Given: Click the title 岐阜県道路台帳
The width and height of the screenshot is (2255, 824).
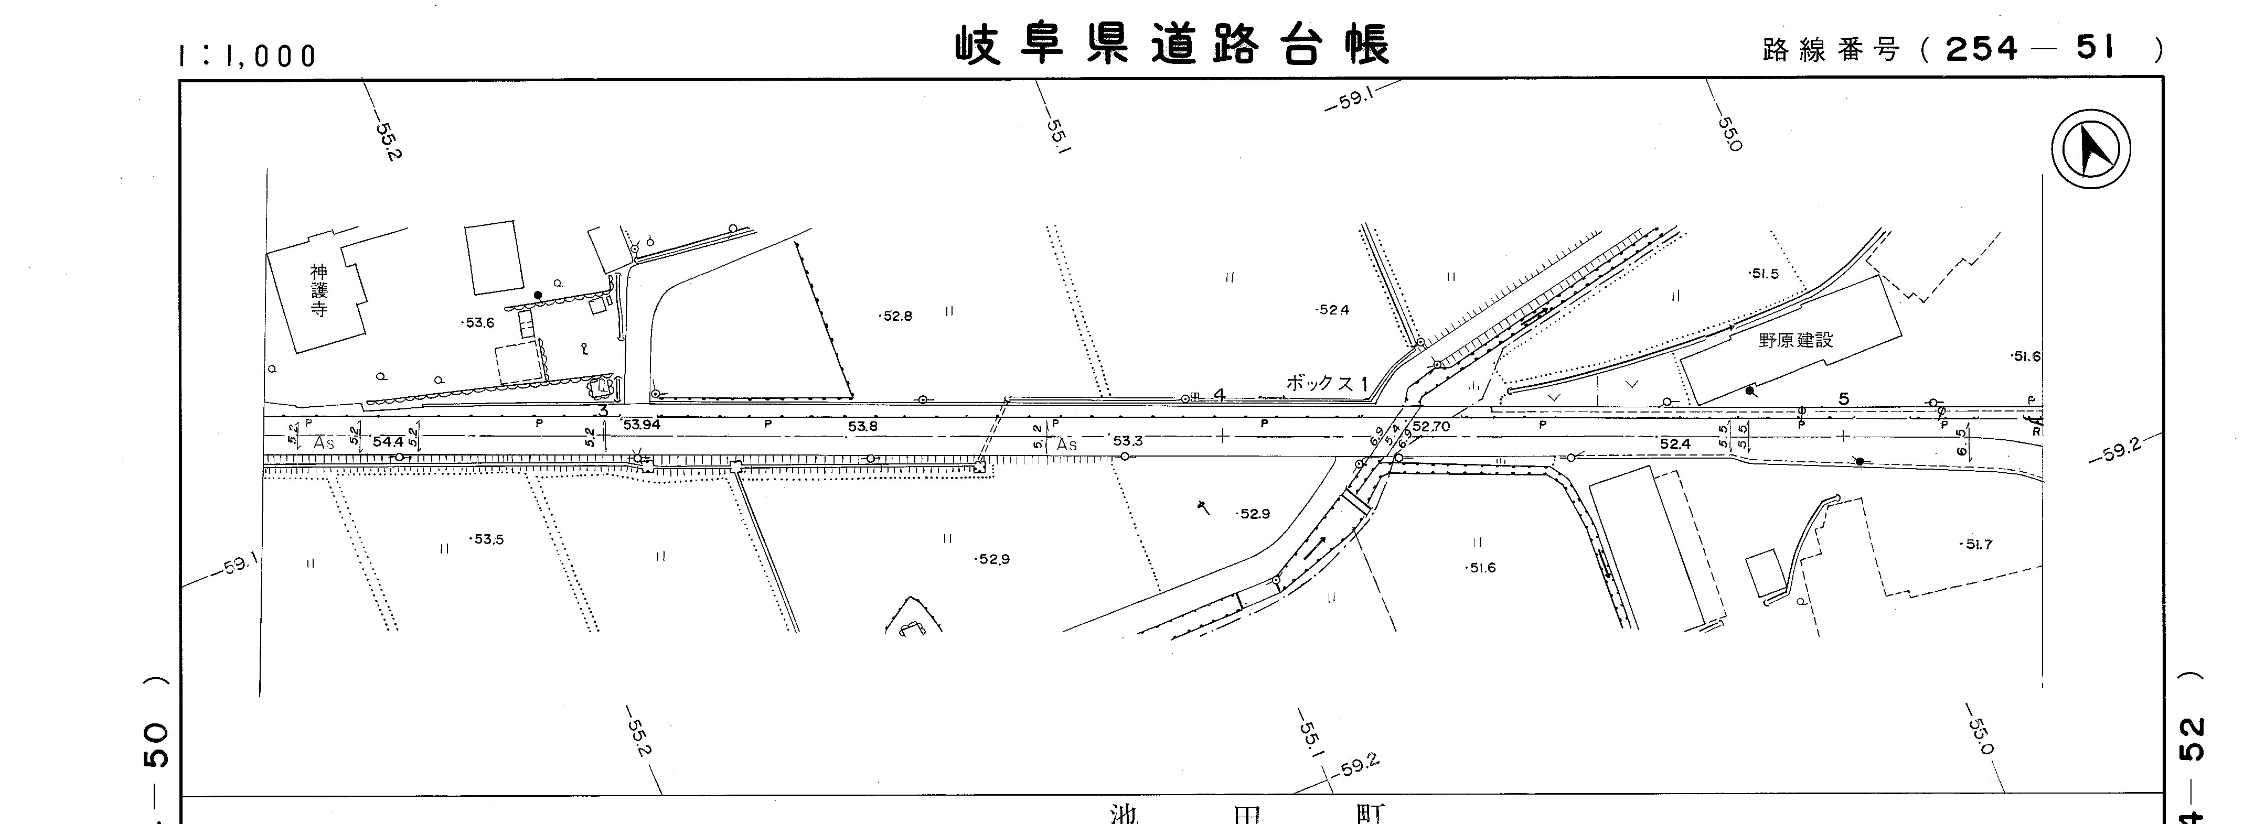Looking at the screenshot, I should pos(1171,46).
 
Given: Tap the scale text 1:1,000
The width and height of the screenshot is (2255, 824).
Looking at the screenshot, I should pos(247,57).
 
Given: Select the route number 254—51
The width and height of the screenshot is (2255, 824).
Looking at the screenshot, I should pos(2028,49).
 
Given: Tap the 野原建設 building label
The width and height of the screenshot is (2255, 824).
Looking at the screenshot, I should pos(1796,340).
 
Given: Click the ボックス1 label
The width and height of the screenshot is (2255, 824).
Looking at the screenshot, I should pos(1326,383).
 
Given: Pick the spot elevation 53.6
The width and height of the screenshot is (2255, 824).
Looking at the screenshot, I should pos(480,323).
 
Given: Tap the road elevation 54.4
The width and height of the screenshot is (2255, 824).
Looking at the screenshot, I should pos(388,442).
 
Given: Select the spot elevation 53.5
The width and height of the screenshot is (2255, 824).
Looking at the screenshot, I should pos(488,540).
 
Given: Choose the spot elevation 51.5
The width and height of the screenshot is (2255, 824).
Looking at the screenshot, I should pos(1764,274).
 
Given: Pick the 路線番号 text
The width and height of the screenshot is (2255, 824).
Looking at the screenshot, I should pos(1831,51).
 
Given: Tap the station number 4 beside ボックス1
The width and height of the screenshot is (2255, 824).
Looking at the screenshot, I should pos(1219,395).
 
